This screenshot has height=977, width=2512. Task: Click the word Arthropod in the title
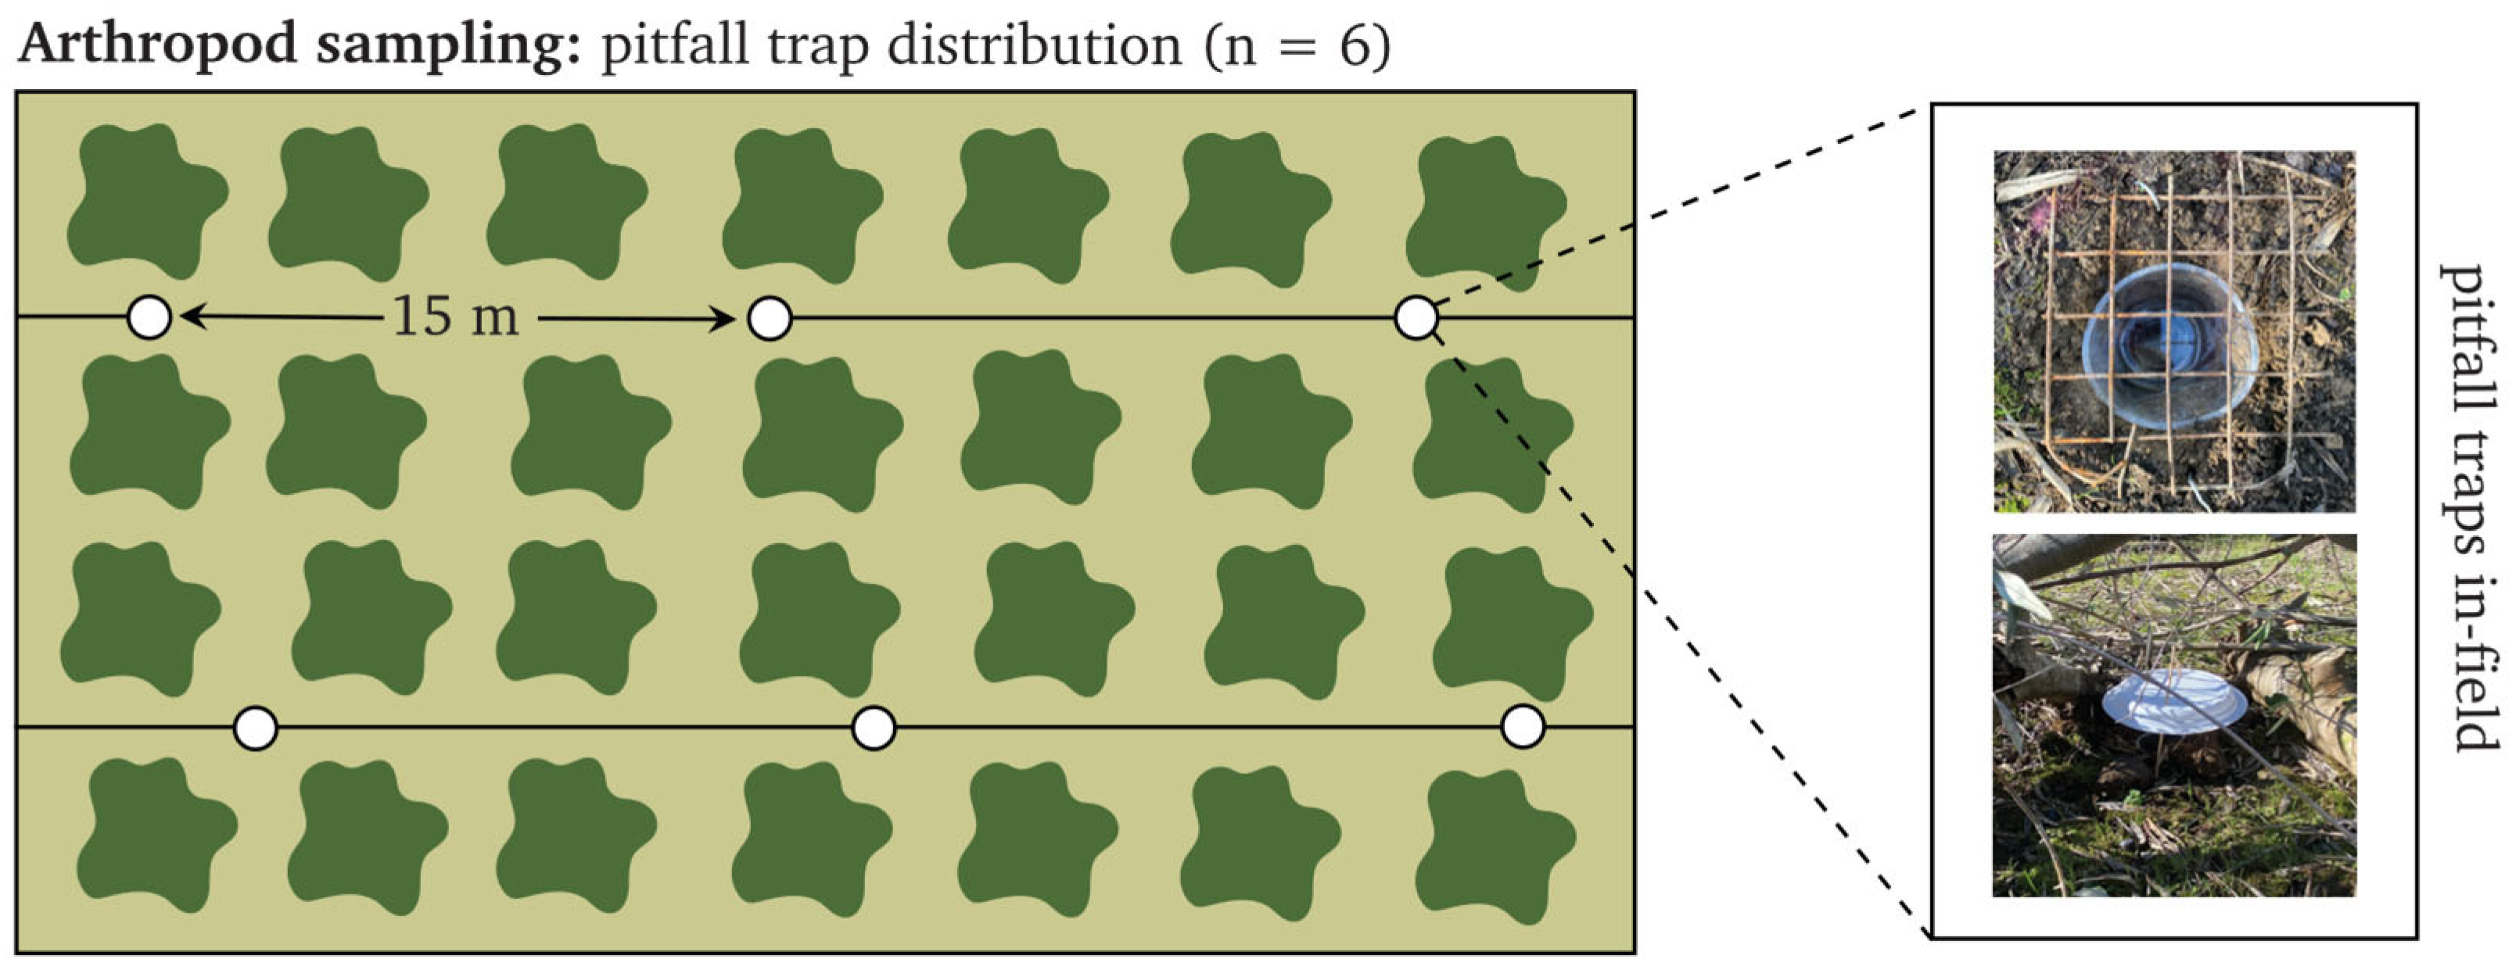point(157,45)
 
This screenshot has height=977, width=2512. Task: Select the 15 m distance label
point(455,317)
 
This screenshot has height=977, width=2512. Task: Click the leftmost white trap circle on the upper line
point(150,317)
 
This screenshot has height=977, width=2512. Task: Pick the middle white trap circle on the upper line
point(770,318)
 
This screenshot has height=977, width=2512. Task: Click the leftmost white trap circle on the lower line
point(257,728)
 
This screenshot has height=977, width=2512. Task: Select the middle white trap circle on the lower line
point(874,728)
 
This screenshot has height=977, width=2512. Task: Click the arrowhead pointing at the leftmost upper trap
point(190,317)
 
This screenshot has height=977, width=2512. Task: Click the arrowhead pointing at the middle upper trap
point(723,318)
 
